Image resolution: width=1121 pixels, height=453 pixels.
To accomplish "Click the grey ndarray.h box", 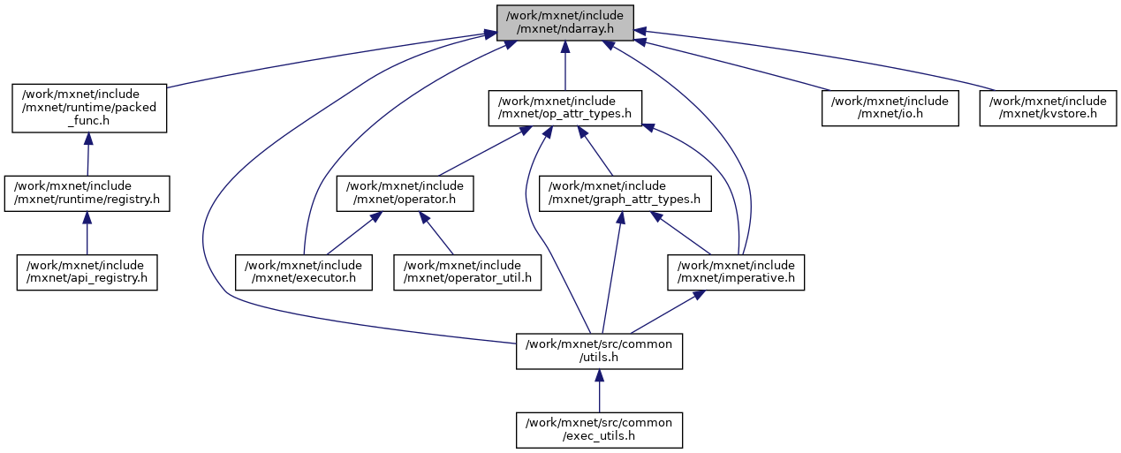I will [564, 23].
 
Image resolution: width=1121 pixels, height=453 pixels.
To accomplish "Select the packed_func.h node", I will [89, 108].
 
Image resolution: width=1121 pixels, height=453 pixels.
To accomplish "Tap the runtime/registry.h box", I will [87, 193].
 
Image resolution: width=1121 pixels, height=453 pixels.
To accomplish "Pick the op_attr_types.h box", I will [564, 108].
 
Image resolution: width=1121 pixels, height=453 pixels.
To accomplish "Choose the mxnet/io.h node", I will [890, 108].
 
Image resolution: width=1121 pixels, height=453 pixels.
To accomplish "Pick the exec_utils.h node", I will [599, 429].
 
